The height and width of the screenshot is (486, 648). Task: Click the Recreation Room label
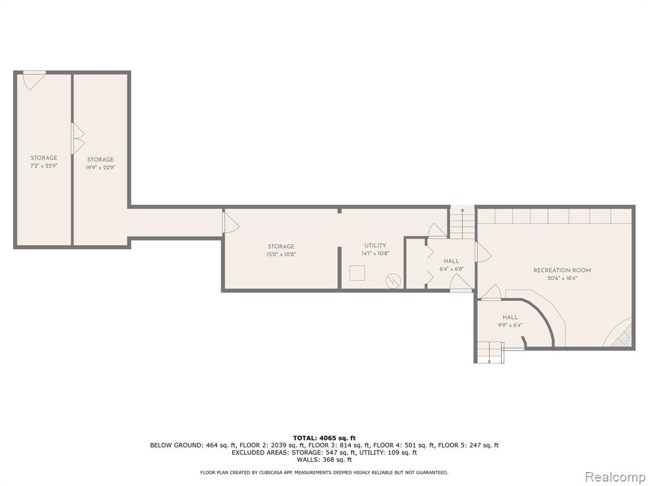(x=562, y=270)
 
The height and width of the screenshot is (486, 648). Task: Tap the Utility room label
(x=375, y=246)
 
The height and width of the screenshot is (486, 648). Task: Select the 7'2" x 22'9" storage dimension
(x=44, y=166)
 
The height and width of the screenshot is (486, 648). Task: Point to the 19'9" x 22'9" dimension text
(x=100, y=168)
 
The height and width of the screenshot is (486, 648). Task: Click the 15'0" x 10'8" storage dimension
(x=281, y=254)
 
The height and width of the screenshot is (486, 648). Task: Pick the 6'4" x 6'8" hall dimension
(x=451, y=268)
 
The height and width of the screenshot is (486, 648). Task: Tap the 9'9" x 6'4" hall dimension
(x=510, y=325)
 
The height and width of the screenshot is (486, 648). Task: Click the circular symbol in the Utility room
(x=393, y=281)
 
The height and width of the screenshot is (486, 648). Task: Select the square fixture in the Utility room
(x=358, y=273)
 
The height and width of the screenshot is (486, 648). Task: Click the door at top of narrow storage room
(x=34, y=80)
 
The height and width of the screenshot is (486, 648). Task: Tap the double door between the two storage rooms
(x=78, y=139)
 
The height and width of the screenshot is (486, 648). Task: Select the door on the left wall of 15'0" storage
(x=230, y=222)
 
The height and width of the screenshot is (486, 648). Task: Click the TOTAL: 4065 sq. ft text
(x=324, y=438)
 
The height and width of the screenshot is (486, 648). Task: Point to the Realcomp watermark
(x=615, y=477)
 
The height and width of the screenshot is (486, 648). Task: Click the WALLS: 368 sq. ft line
(x=324, y=459)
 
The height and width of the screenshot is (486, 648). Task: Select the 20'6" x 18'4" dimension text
(x=562, y=278)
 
